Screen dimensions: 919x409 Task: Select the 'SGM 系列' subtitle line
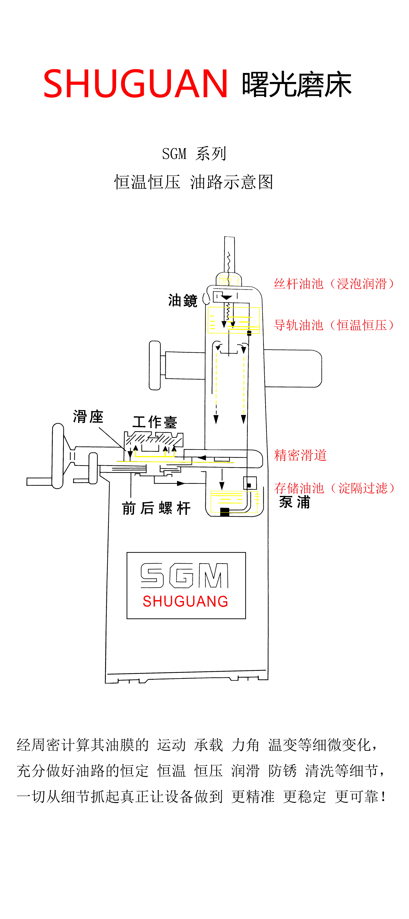[194, 154]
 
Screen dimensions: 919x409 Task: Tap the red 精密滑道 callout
[300, 455]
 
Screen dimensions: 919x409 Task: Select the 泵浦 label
[295, 502]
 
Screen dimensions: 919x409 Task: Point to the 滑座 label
[88, 417]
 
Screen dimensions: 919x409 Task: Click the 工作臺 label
[155, 422]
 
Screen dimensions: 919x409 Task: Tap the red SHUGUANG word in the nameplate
[185, 602]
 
